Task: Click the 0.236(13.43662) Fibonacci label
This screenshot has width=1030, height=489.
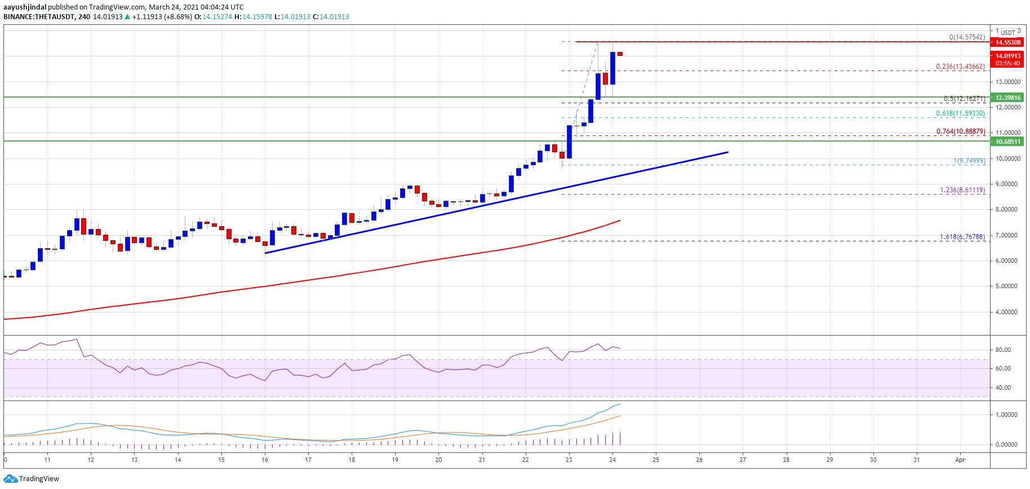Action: (960, 67)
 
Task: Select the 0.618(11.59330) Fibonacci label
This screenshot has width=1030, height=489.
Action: (960, 113)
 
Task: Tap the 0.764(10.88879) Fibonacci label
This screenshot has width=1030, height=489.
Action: (960, 131)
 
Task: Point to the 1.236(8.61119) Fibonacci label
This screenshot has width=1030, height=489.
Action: (962, 191)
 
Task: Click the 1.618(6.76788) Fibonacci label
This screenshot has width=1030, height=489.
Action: (962, 237)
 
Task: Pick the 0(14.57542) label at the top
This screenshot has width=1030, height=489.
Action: (967, 37)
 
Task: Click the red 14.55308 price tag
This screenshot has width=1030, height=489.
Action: (1008, 42)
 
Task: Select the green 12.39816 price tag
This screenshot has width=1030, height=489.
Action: (1008, 98)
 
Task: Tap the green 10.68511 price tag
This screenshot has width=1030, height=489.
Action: (1008, 142)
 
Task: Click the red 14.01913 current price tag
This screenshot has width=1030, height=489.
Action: (1008, 56)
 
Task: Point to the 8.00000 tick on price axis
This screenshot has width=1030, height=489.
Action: (1006, 209)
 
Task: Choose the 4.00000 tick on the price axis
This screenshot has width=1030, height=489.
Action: (1006, 312)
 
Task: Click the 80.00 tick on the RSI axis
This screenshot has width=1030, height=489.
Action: (1003, 350)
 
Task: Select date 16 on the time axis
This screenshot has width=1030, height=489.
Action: (265, 460)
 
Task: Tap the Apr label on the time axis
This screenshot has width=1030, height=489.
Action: (960, 460)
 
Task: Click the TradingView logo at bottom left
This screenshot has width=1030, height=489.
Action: (32, 479)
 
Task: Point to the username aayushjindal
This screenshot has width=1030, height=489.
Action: (25, 7)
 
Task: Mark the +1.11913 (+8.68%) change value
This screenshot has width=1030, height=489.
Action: (162, 17)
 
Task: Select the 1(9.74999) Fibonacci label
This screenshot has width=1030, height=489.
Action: (969, 161)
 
